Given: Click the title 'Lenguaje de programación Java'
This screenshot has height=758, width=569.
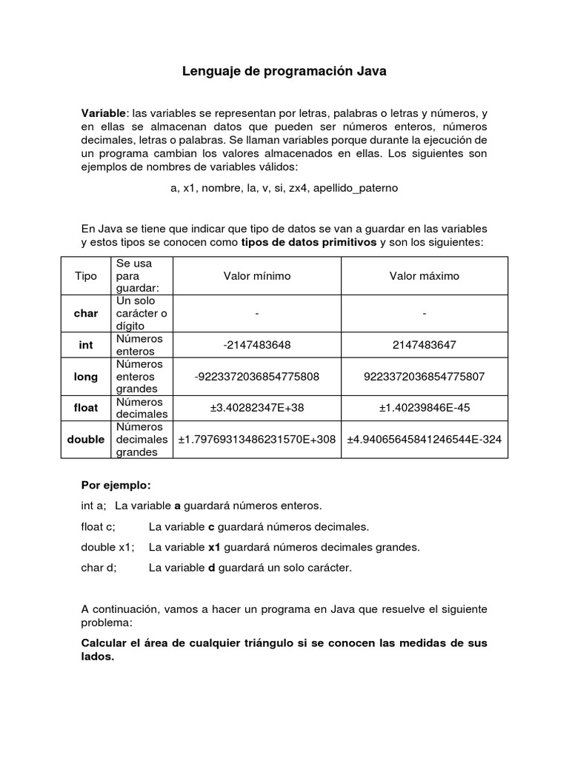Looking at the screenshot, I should [284, 72].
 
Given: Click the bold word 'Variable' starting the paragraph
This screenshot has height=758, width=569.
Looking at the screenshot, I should [103, 113].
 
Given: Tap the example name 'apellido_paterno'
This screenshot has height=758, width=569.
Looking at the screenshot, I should [356, 188].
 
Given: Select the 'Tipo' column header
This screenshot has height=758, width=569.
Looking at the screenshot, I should [86, 276].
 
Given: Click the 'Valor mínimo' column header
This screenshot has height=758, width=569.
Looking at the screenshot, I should [257, 276].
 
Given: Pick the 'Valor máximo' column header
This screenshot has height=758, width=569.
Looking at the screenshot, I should [425, 276].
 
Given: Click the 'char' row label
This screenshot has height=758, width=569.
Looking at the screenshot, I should [86, 314].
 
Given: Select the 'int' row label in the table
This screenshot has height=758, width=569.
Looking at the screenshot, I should [86, 345].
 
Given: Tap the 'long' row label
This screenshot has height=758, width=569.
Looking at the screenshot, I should [86, 377].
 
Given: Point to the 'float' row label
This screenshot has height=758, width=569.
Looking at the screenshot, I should [86, 408].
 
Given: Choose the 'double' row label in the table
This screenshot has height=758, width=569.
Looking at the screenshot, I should [86, 440].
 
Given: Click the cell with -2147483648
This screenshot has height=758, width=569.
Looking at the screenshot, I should [257, 345].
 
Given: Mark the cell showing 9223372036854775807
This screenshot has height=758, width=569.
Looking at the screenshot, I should [425, 377].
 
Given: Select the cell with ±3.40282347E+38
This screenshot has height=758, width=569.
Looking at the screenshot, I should [257, 408].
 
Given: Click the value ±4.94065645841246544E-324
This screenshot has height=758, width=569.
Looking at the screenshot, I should [425, 440].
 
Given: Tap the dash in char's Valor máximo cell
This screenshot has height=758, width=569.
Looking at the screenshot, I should [425, 314].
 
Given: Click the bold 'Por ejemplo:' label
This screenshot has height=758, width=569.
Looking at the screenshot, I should [116, 486].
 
